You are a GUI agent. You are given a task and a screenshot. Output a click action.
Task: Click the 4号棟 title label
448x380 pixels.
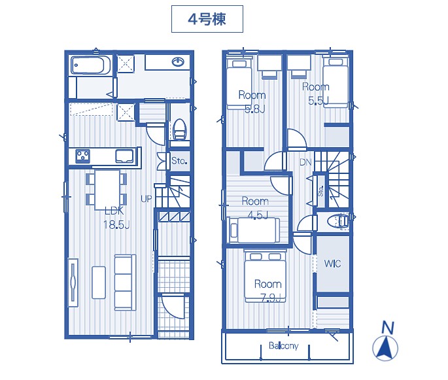(207, 19)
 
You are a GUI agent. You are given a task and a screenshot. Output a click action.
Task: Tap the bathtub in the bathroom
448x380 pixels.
(90, 65)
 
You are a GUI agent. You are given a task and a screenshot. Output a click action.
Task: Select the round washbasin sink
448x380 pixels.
(178, 61)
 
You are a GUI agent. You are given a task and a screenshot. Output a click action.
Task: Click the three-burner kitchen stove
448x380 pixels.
(83, 156)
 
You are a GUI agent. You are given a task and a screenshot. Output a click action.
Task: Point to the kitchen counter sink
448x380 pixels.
(124, 156)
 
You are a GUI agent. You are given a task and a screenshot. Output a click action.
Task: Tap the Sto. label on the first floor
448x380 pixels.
(179, 161)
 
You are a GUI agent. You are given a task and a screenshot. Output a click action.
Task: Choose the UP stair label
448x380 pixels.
(146, 199)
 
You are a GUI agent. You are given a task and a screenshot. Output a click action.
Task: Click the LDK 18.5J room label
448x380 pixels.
(116, 218)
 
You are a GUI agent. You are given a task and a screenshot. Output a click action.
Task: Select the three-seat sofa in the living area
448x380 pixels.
(125, 283)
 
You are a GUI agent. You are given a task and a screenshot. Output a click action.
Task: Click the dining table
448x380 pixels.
(107, 190)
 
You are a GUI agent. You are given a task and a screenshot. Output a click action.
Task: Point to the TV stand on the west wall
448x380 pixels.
(73, 283)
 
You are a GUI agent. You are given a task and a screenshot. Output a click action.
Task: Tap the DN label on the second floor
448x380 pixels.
(305, 162)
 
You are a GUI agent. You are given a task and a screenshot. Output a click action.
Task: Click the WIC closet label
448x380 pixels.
(333, 264)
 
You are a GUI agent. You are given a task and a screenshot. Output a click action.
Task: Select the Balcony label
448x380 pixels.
(283, 346)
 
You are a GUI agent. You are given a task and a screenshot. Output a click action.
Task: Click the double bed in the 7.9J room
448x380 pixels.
(265, 277)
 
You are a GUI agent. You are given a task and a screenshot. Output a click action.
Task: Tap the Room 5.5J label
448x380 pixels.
(316, 94)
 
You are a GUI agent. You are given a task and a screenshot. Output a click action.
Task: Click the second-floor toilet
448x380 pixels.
(338, 222)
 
